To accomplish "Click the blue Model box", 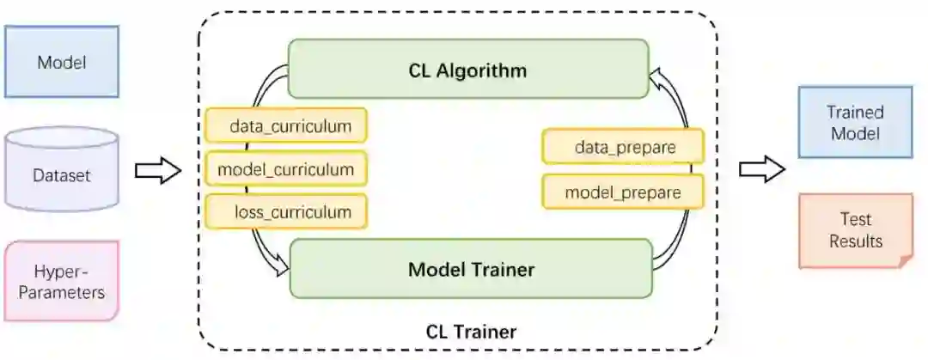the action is pyautogui.click(x=62, y=62).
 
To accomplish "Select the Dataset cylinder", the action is pyautogui.click(x=62, y=174).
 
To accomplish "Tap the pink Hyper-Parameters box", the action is pyautogui.click(x=62, y=281).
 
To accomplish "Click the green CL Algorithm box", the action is pyautogui.click(x=467, y=69).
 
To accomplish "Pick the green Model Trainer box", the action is pyautogui.click(x=471, y=269).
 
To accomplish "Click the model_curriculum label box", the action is pyautogui.click(x=285, y=169).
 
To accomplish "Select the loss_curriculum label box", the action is pyautogui.click(x=285, y=211).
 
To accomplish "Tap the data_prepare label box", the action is pyautogui.click(x=624, y=147).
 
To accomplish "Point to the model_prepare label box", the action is pyautogui.click(x=623, y=192).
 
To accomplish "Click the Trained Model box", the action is pyautogui.click(x=854, y=122).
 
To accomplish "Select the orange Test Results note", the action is pyautogui.click(x=854, y=229).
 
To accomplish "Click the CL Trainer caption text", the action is pyautogui.click(x=471, y=331).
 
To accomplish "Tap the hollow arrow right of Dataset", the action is pyautogui.click(x=158, y=170).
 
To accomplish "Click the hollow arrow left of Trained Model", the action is pyautogui.click(x=762, y=169).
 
